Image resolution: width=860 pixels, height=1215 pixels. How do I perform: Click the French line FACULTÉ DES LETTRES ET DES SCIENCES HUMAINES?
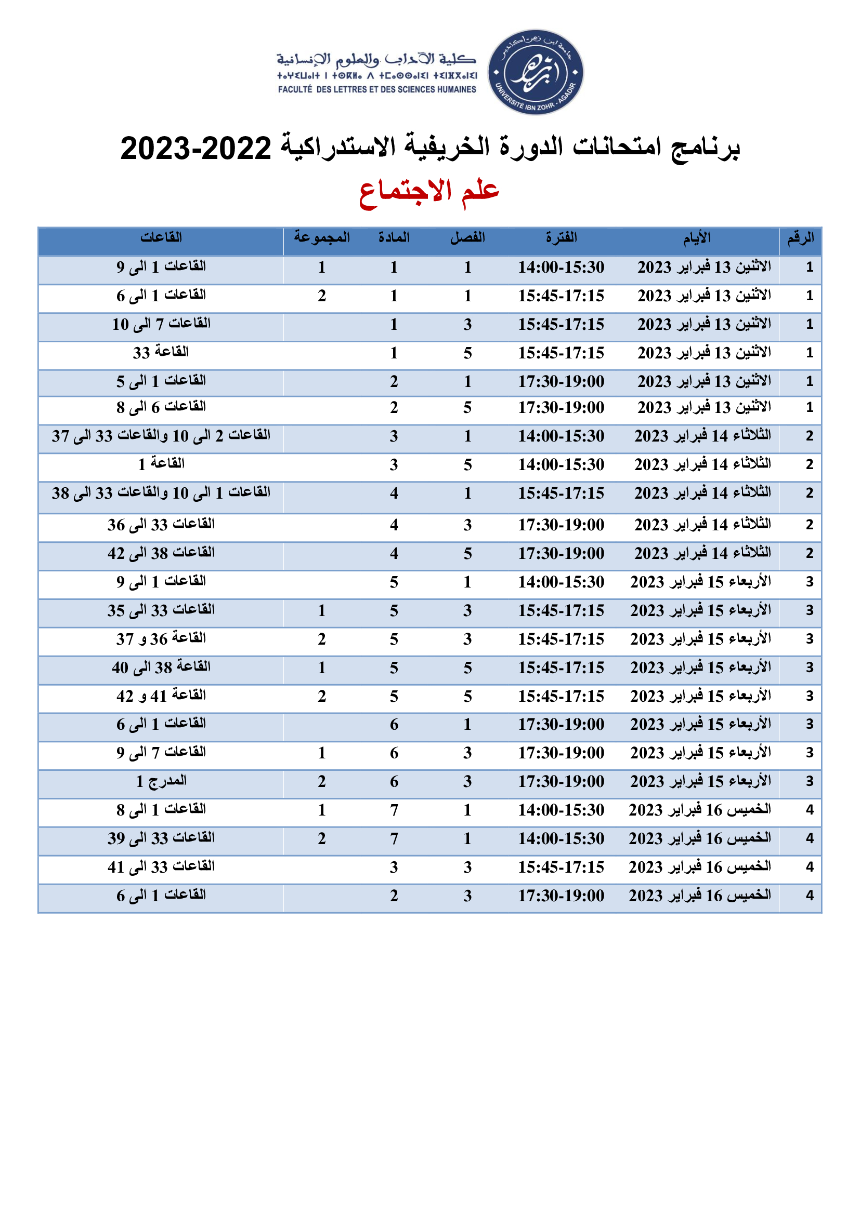tap(377, 89)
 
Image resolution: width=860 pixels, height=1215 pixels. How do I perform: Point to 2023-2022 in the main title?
tap(196, 148)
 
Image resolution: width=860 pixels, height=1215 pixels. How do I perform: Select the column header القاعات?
tap(161, 237)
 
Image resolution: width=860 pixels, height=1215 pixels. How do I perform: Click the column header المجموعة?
tap(322, 237)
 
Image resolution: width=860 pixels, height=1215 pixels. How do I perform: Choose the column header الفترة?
tap(562, 237)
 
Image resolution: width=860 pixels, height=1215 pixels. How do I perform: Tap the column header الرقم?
tap(800, 238)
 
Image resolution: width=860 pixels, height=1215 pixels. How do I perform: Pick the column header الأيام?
tap(697, 238)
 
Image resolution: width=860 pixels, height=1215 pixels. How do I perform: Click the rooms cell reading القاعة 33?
tap(161, 352)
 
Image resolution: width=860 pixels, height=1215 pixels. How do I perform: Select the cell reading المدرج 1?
tap(161, 781)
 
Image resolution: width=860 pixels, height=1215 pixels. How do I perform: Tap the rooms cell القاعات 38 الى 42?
tap(161, 553)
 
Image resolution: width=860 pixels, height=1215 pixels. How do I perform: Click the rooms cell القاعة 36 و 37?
tap(161, 639)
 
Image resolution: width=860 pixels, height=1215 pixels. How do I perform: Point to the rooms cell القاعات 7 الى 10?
tap(161, 324)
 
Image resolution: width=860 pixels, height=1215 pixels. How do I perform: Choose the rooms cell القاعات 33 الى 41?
tap(161, 867)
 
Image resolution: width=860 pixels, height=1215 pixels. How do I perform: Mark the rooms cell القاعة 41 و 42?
tap(161, 696)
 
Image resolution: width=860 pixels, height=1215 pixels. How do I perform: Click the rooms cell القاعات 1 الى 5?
tap(161, 381)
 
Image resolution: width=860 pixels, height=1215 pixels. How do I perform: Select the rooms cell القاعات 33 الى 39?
tap(161, 838)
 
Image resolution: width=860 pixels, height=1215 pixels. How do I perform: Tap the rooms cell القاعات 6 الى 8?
tap(161, 407)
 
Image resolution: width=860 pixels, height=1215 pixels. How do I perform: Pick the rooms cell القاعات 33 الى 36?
tap(161, 525)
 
